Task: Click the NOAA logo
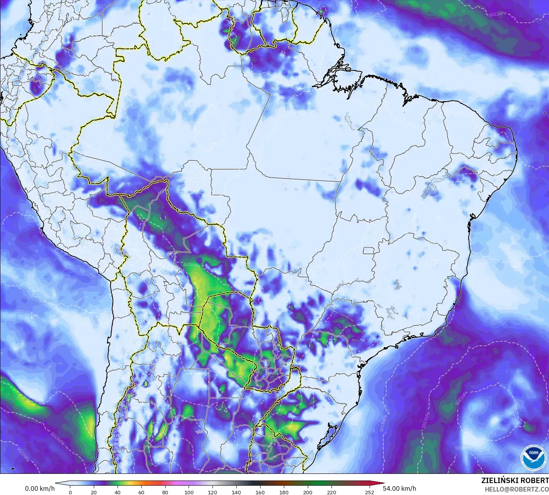533,457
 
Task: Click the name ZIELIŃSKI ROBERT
515,480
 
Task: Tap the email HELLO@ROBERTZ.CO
516,489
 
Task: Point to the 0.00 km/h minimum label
40,488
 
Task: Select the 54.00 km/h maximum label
400,488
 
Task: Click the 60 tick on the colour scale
141,492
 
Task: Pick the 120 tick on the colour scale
212,492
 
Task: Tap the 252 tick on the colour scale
369,492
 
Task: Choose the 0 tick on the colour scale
70,492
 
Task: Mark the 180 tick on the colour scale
284,492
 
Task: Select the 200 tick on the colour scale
308,492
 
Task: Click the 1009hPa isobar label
191,265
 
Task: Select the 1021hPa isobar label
23,454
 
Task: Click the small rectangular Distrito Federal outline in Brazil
369,251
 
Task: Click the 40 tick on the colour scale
117,492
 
